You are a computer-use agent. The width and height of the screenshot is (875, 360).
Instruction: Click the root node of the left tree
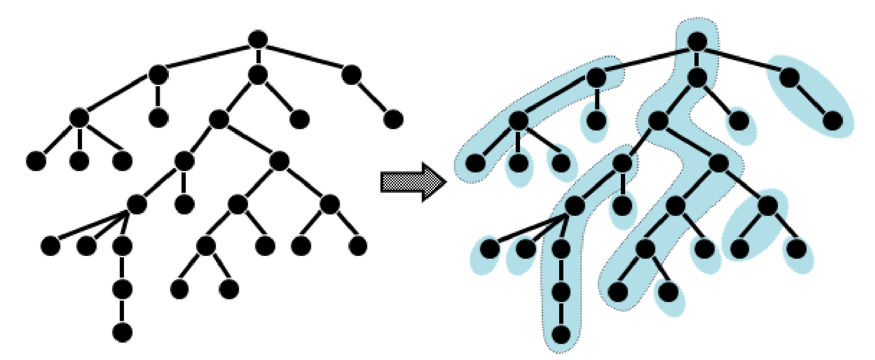coord(257,40)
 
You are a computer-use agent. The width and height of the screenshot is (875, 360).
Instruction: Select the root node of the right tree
coord(697,41)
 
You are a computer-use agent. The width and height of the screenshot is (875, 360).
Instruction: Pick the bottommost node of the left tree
coord(122,332)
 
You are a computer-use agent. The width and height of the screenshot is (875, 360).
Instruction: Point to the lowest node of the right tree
coord(561,335)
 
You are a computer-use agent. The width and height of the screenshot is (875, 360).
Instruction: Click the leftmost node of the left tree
coord(36,162)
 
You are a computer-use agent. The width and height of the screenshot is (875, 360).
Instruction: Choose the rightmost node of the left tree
coord(393,119)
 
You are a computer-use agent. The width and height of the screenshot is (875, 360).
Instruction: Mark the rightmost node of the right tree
coord(833,121)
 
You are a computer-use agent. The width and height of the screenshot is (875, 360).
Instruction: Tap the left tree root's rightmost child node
coord(352,74)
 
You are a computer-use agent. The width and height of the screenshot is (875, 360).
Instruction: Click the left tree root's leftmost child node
coord(158,74)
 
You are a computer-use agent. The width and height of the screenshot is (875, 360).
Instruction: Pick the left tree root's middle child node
coord(257,74)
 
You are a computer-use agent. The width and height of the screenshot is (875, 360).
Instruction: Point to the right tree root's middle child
coord(697,77)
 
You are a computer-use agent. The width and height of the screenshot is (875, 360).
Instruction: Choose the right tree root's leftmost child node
coord(596,77)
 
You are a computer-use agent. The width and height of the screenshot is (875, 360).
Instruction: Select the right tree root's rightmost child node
coord(790,77)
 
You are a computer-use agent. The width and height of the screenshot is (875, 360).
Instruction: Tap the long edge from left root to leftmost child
coord(207,57)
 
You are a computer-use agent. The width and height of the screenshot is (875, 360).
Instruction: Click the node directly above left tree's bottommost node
coord(122,289)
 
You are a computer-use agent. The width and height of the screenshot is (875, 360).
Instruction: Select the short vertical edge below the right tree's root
coord(697,59)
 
